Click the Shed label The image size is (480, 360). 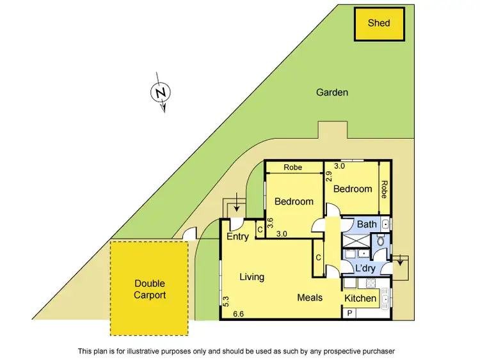pyautogui.click(x=378, y=23)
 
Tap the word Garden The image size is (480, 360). pyautogui.click(x=332, y=92)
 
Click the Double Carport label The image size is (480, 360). pyautogui.click(x=150, y=289)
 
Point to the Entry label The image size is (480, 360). pyautogui.click(x=237, y=237)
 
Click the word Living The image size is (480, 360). pyautogui.click(x=252, y=277)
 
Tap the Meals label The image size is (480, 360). pyautogui.click(x=310, y=297)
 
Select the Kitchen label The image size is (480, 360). pyautogui.click(x=361, y=299)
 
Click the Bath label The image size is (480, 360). pyautogui.click(x=367, y=224)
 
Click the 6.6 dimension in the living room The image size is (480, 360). pyautogui.click(x=239, y=313)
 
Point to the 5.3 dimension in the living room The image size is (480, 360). pyautogui.click(x=226, y=300)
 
